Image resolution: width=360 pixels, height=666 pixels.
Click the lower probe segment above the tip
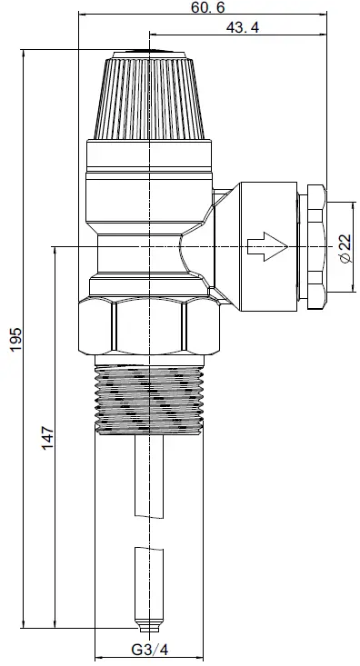(x=146, y=582)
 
